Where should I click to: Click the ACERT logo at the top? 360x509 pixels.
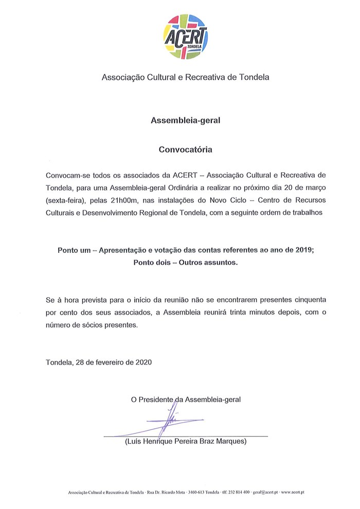click(186, 35)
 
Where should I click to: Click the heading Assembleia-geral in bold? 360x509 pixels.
click(185, 121)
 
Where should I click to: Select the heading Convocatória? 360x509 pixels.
click(185, 151)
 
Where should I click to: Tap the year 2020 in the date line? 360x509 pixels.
click(142, 361)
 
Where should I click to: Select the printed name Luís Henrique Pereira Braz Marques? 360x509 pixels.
click(186, 441)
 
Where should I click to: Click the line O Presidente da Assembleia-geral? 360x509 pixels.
click(186, 398)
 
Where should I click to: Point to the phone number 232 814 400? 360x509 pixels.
click(239, 492)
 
